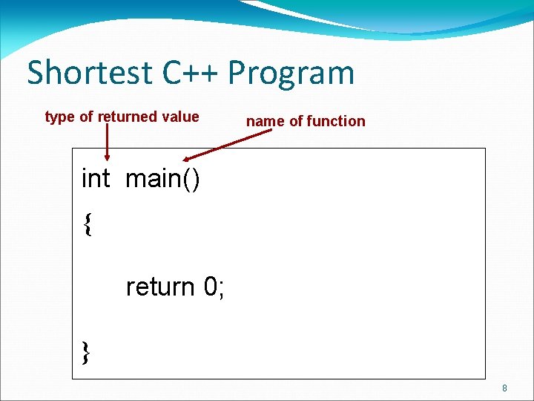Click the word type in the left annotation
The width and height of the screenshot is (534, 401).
pos(60,117)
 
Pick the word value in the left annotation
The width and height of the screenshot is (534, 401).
pos(182,117)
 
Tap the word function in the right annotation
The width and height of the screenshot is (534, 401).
pos(337,121)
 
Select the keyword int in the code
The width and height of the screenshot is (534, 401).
pos(96,179)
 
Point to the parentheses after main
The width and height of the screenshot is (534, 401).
pos(191,180)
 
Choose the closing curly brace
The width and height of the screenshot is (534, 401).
pos(87,351)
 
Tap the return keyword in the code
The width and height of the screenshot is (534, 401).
pos(160,287)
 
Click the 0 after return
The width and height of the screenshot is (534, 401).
pos(209,287)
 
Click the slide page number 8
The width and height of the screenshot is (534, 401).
pos(504,388)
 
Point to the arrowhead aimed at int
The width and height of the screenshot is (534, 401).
pos(108,157)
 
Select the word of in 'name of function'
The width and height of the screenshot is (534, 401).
pos(295,121)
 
